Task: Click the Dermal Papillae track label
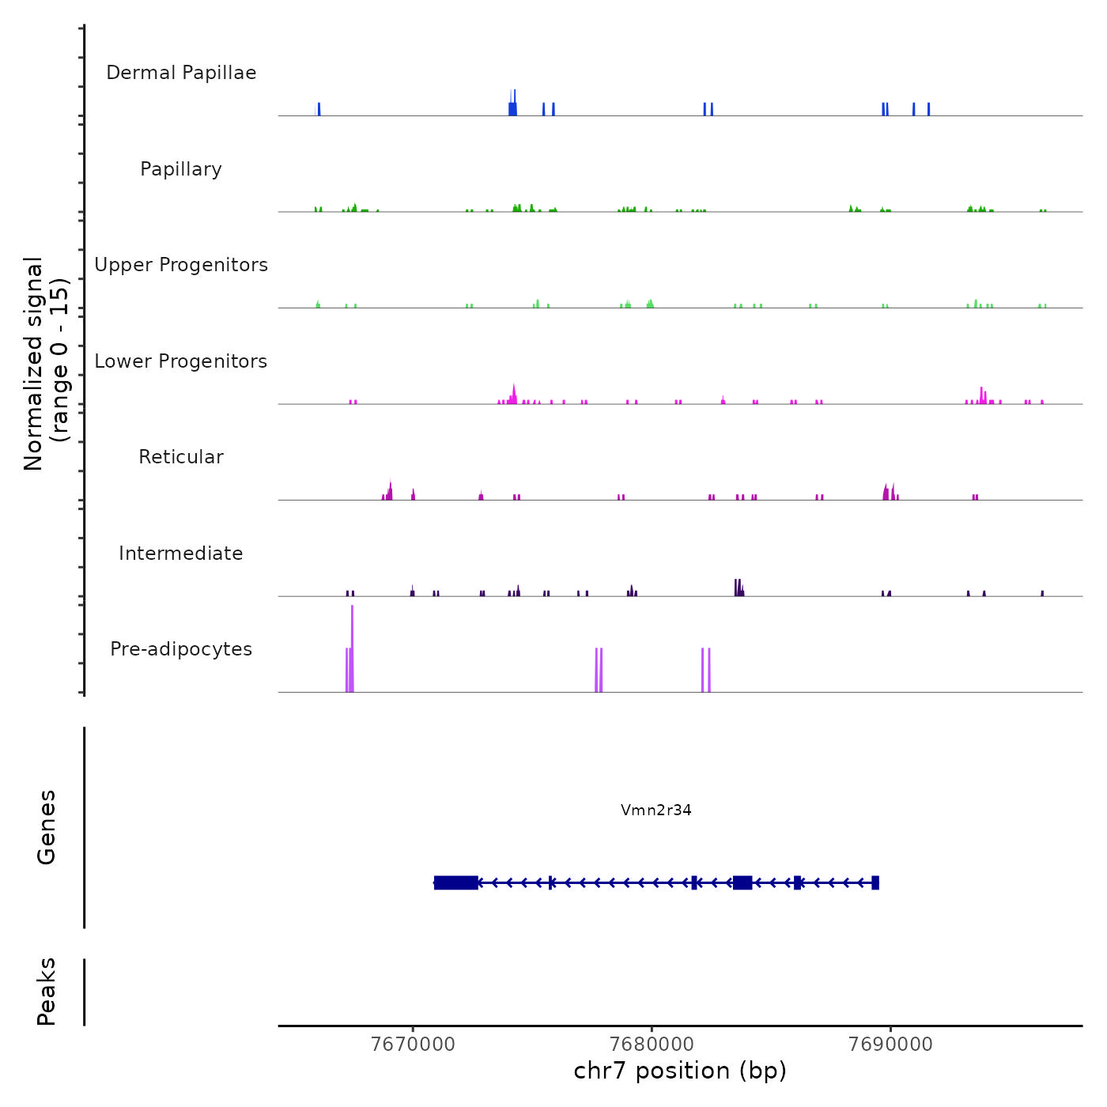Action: [181, 73]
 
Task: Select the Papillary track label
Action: [181, 169]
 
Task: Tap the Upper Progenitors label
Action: [181, 265]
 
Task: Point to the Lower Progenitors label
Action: [181, 361]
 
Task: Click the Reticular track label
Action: [181, 457]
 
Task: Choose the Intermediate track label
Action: [181, 553]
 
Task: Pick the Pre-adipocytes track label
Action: [181, 649]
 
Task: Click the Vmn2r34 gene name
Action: [656, 810]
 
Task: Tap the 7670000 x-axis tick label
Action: [413, 1044]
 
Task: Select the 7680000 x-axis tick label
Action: [652, 1044]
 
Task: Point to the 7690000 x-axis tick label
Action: [890, 1044]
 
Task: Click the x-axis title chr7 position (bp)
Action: [680, 1071]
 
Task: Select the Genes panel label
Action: [47, 827]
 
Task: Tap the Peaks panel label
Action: [47, 992]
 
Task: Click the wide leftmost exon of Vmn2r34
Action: [456, 882]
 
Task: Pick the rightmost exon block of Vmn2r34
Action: [875, 882]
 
